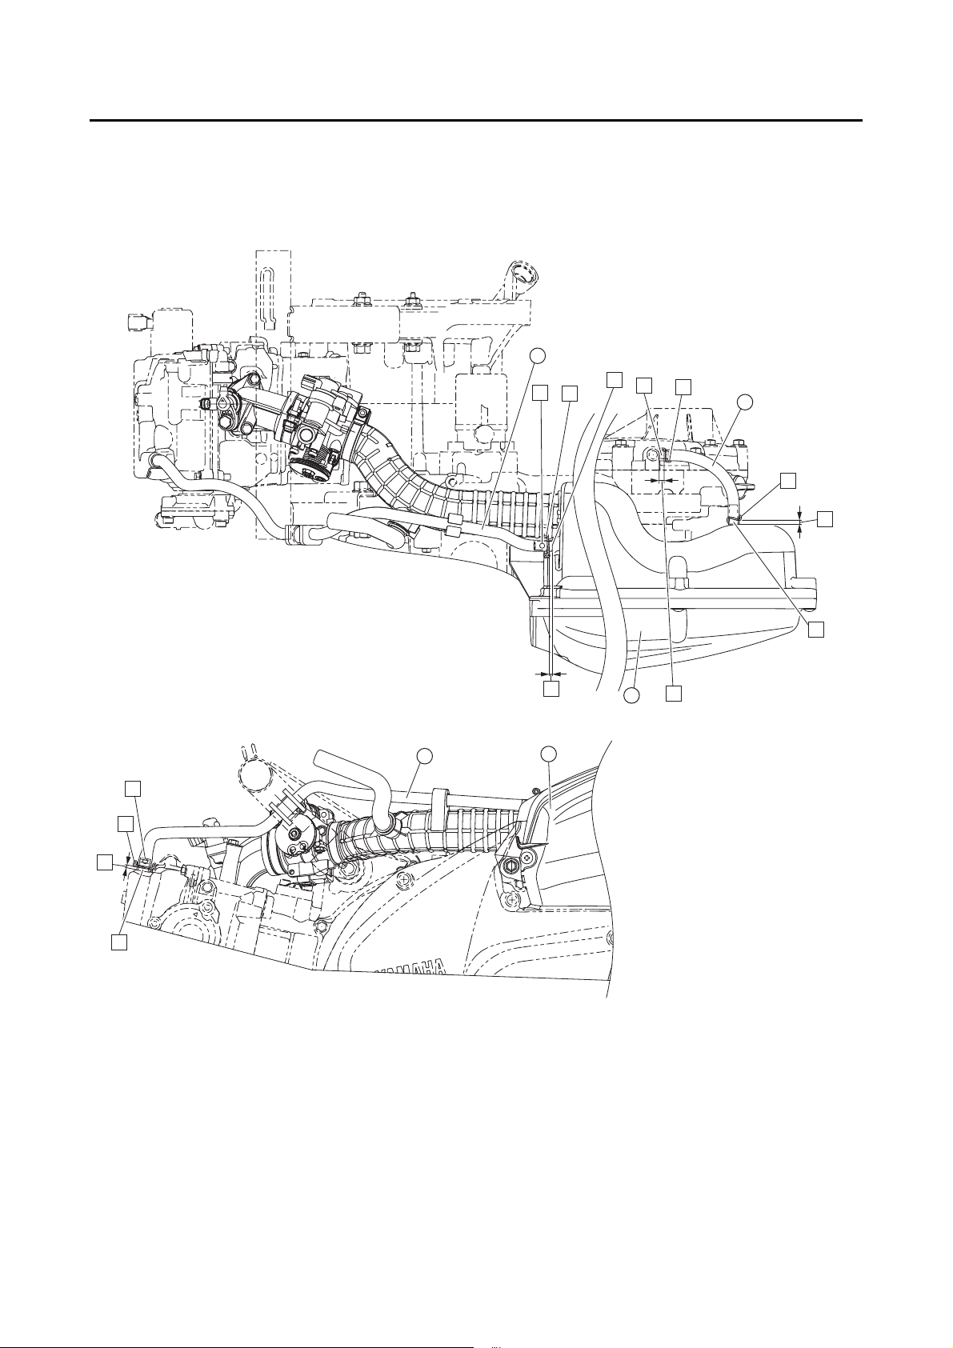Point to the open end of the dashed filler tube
[524, 275]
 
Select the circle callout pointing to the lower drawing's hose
[426, 754]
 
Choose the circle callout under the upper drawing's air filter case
[631, 696]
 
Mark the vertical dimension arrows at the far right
[800, 518]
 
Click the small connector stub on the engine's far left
[134, 322]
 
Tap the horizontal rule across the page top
[476, 122]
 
